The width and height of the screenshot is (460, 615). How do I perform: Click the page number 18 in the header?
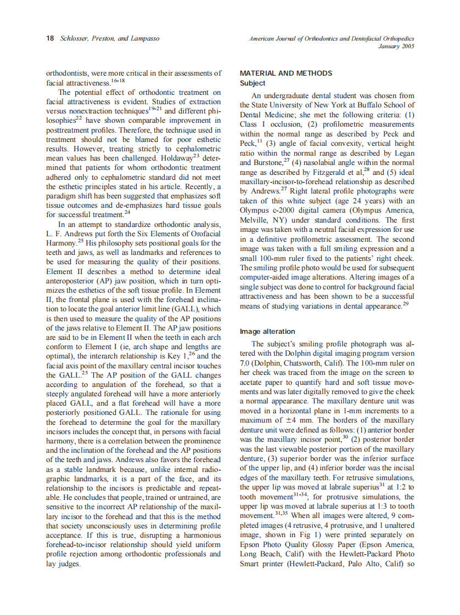click(49, 39)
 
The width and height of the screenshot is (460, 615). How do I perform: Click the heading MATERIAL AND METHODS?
click(286, 73)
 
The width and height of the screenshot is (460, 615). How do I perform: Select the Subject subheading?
click(253, 83)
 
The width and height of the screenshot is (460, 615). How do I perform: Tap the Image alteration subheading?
click(267, 332)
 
